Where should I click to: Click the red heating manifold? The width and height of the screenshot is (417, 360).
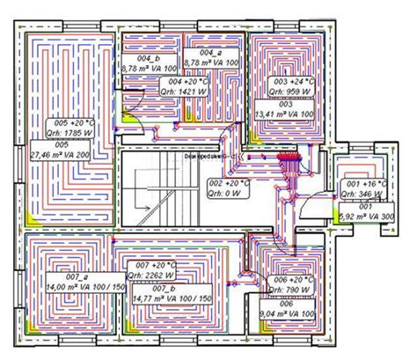click(x=289, y=161)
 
